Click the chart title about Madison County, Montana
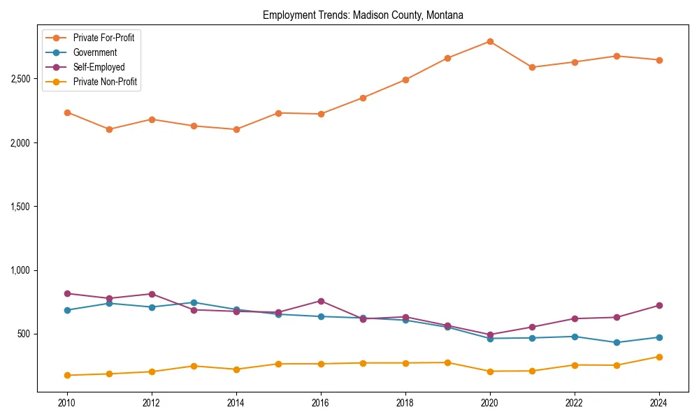pyautogui.click(x=363, y=15)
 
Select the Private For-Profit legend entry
pyautogui.click(x=103, y=38)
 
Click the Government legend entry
pyautogui.click(x=95, y=52)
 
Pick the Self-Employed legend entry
pyautogui.click(x=99, y=67)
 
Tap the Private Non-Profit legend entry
pyautogui.click(x=105, y=82)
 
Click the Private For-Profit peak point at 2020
pyautogui.click(x=490, y=41)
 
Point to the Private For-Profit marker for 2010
pyautogui.click(x=67, y=112)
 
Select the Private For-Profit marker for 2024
pyautogui.click(x=659, y=60)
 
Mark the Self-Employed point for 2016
pyautogui.click(x=321, y=301)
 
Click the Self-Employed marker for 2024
pyautogui.click(x=659, y=305)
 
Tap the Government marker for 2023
pyautogui.click(x=617, y=342)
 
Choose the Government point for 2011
pyautogui.click(x=110, y=303)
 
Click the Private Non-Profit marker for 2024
pyautogui.click(x=659, y=357)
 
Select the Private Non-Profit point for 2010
pyautogui.click(x=67, y=375)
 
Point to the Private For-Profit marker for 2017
pyautogui.click(x=363, y=98)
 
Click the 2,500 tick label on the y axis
pyautogui.click(x=20, y=79)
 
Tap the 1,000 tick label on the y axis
pyautogui.click(x=20, y=270)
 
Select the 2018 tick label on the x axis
pyautogui.click(x=405, y=403)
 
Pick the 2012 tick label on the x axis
pyautogui.click(x=152, y=403)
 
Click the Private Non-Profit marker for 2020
pyautogui.click(x=490, y=372)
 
